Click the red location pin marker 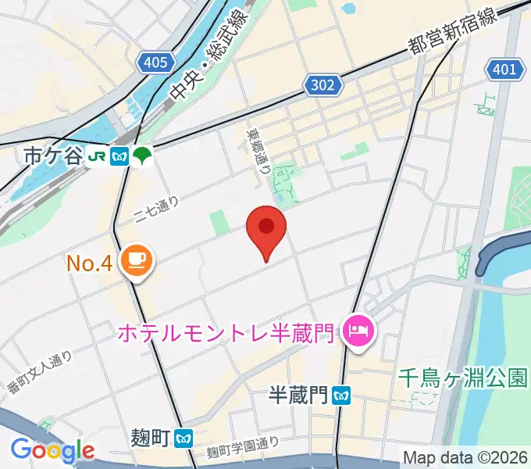click(266, 229)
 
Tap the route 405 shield click(155, 63)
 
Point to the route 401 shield click(504, 70)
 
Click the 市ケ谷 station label click(53, 156)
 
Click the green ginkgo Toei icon click(142, 156)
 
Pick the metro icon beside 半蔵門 click(340, 396)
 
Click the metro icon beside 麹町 click(184, 436)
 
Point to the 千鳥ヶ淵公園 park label click(462, 378)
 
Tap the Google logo click(52, 450)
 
